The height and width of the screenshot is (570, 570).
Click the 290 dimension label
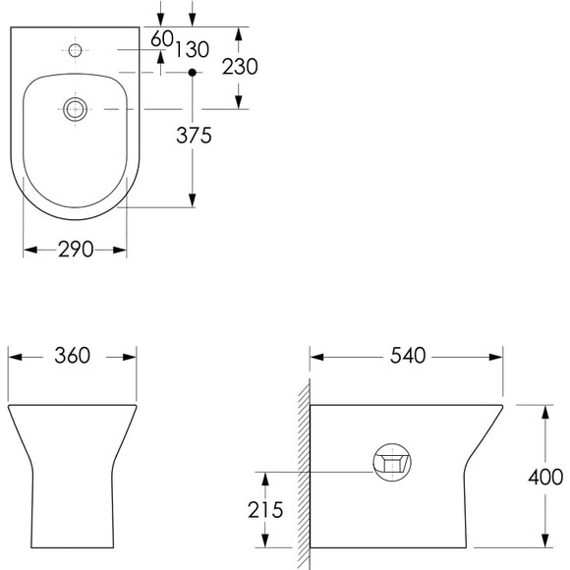pos(76,250)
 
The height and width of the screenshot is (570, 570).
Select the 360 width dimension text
pos(73,356)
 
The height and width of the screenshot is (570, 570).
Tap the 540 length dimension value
pos(408,356)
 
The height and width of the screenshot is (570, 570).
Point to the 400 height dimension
pos(545,477)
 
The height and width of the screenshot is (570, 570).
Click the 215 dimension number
pos(265,510)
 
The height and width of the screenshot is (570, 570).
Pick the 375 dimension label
pos(194,136)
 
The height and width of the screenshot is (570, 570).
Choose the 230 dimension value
pos(240,67)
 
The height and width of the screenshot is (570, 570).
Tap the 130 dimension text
pos(193,49)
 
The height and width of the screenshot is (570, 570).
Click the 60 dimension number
pos(162,38)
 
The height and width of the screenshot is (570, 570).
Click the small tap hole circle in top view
pos(76,50)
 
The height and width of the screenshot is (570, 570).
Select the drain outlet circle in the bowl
pos(76,109)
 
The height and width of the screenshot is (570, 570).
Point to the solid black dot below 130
pos(193,73)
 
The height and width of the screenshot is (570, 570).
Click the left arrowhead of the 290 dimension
pos(30,250)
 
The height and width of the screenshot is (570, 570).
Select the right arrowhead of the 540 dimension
pos(496,358)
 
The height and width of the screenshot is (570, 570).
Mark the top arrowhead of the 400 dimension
pos(544,412)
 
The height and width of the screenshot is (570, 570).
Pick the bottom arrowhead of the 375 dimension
pos(193,200)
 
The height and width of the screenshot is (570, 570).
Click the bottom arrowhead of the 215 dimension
pos(265,541)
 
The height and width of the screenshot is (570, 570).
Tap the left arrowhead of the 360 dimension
pos(15,358)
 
